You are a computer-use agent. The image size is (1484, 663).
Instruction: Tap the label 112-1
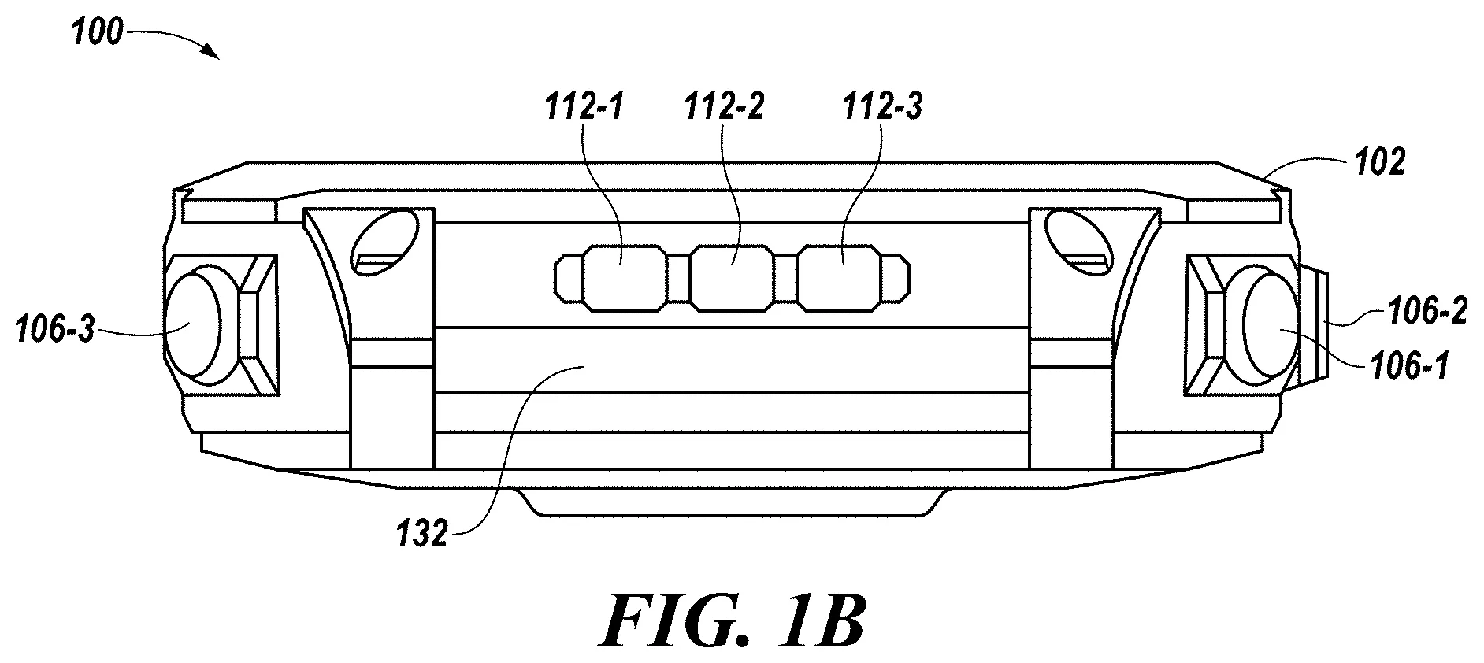tap(584, 106)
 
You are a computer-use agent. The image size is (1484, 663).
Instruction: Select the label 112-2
tap(724, 106)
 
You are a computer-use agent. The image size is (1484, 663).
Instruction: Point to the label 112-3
tap(882, 106)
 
